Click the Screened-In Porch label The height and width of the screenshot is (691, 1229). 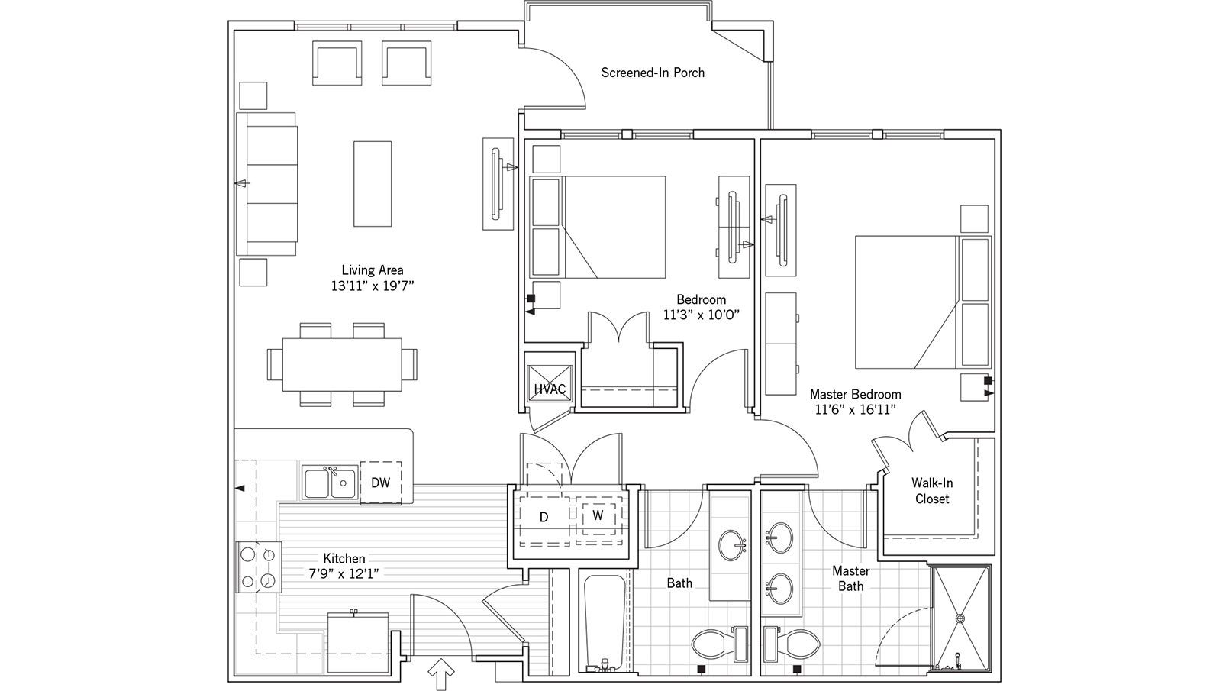[x=653, y=73]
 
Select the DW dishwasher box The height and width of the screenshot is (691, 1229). [x=381, y=482]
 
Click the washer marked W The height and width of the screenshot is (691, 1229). [x=598, y=515]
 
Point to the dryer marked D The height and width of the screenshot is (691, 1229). [x=544, y=517]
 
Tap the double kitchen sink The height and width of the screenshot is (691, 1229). [x=329, y=483]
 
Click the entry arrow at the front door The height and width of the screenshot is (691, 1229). [x=442, y=675]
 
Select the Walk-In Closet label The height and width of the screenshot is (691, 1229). [x=932, y=490]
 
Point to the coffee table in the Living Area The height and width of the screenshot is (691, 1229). [x=373, y=183]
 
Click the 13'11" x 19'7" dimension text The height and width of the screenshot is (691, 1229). [x=373, y=286]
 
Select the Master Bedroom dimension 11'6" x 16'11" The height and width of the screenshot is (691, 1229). [x=855, y=410]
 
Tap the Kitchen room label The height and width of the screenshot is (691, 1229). [x=344, y=558]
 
